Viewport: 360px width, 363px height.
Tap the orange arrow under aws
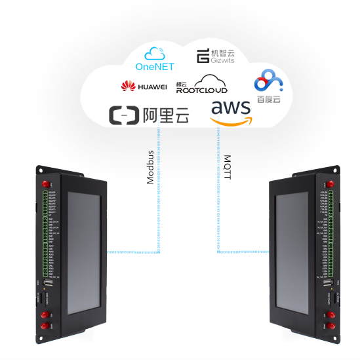tap(231, 121)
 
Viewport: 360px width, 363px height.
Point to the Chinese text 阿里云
tap(165, 116)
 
